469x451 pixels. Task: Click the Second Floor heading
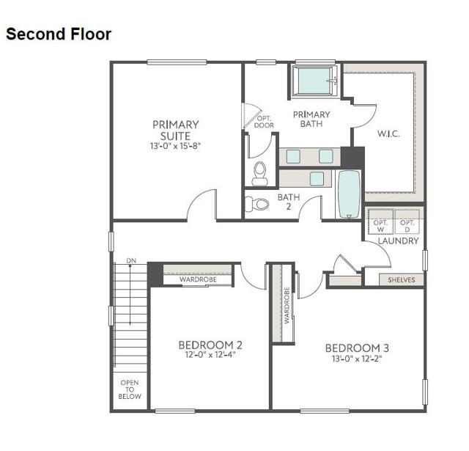(59, 34)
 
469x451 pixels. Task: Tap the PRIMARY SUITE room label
(175, 130)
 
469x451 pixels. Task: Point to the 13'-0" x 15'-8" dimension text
(175, 146)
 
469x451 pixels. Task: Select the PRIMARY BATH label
(311, 120)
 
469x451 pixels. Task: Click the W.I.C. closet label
(388, 134)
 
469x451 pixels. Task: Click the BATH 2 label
(288, 202)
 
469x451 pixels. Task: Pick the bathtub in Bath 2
(349, 194)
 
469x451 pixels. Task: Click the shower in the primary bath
(314, 81)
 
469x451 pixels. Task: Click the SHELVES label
(402, 279)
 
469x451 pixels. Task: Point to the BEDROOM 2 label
(210, 345)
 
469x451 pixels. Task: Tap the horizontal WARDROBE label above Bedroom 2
(197, 279)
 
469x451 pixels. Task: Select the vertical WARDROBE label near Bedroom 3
(287, 304)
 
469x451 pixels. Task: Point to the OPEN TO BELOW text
(130, 389)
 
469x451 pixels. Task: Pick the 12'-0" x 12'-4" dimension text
(210, 356)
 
